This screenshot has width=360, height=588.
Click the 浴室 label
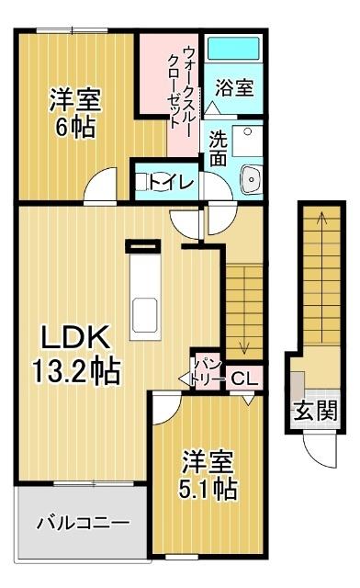point(234,88)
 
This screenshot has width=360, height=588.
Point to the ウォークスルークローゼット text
point(182,83)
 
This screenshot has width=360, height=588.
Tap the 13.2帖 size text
point(76,371)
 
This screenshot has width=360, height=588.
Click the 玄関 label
point(315,410)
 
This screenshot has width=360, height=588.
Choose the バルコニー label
point(83,524)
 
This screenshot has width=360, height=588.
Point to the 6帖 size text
point(75,126)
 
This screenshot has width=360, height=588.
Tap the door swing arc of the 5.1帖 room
point(163,408)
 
